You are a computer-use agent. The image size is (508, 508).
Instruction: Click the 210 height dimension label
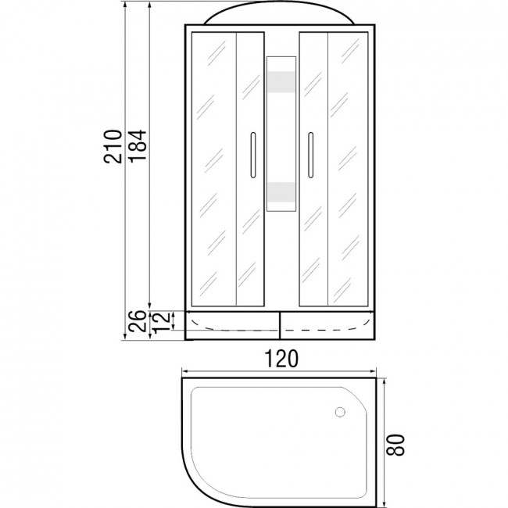pyautogui.click(x=113, y=146)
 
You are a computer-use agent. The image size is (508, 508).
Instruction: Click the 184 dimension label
pyautogui.click(x=138, y=145)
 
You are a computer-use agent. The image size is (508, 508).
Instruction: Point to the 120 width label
pyautogui.click(x=281, y=359)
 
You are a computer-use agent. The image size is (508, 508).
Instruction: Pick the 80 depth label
pyautogui.click(x=396, y=445)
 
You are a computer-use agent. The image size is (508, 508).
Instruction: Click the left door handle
pyautogui.click(x=253, y=155)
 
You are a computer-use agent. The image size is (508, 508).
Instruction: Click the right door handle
pyautogui.click(x=311, y=155)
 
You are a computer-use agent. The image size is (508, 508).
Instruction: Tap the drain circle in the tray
pyautogui.click(x=340, y=412)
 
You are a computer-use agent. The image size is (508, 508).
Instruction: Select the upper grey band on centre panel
pyautogui.click(x=281, y=82)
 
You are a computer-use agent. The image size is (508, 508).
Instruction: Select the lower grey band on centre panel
pyautogui.click(x=281, y=192)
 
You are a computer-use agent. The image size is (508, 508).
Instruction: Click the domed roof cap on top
pyautogui.click(x=279, y=13)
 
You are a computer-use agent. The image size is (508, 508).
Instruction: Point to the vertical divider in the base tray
pyautogui.click(x=280, y=326)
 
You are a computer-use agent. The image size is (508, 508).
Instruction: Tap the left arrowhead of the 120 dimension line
pyautogui.click(x=184, y=371)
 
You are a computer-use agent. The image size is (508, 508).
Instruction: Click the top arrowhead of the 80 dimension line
pyautogui.click(x=385, y=381)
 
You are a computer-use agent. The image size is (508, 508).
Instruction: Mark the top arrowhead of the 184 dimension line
pyautogui.click(x=149, y=5)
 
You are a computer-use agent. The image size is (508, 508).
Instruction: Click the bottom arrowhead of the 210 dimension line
pyautogui.click(x=125, y=337)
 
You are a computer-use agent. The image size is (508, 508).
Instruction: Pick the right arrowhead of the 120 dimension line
pyautogui.click(x=374, y=371)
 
